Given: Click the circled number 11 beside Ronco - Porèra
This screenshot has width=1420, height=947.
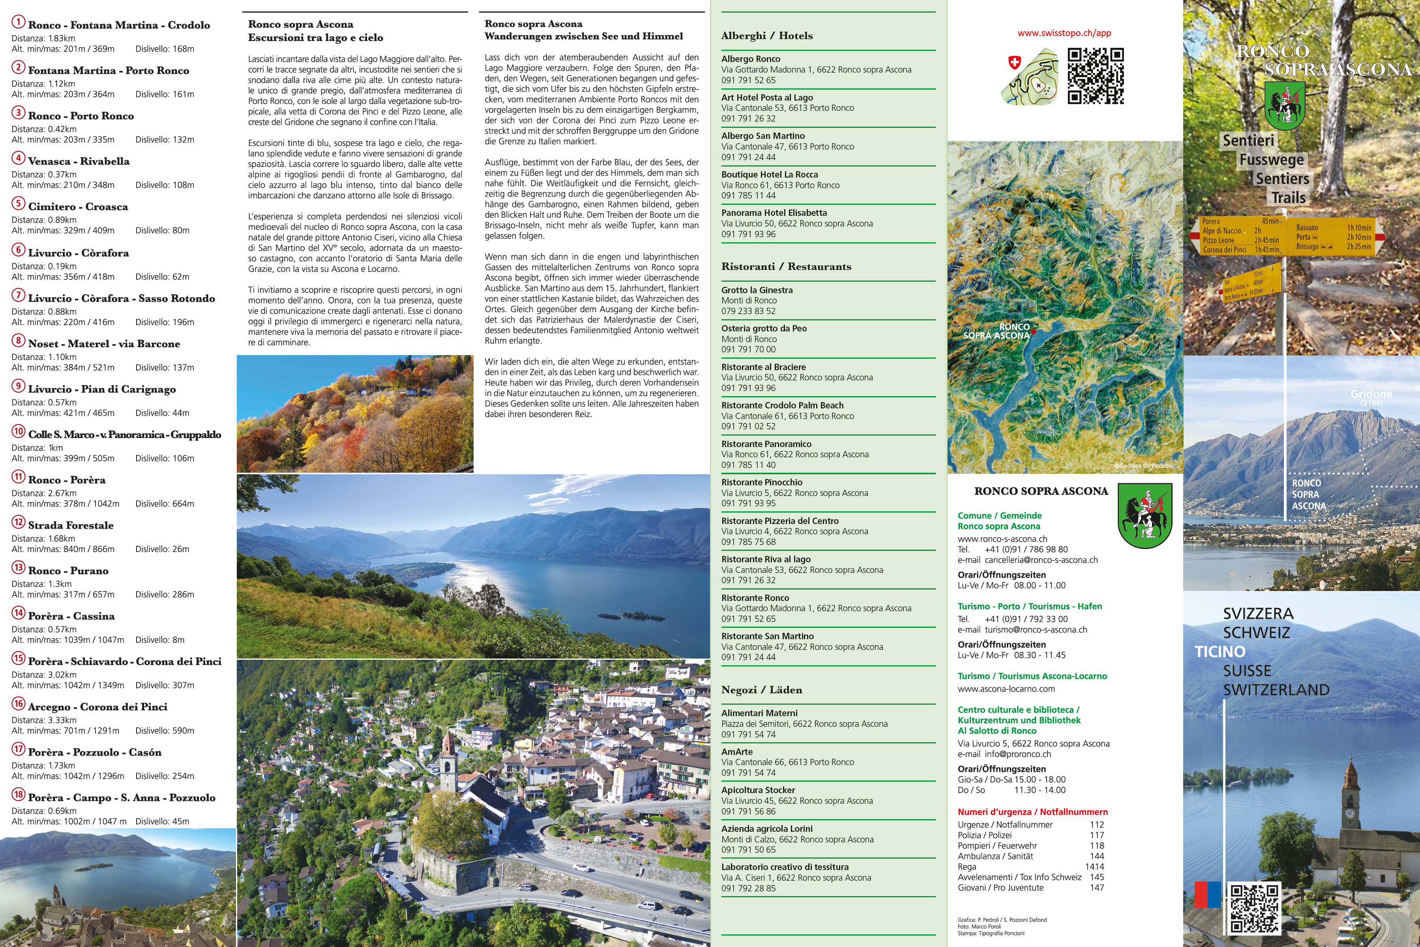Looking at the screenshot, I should pos(18,477).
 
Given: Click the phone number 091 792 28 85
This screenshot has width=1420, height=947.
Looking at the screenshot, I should pos(748,889).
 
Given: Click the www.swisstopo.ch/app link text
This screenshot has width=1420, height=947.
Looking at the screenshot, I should pos(1064,33).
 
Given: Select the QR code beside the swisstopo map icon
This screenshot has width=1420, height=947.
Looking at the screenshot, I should pos(1095,76).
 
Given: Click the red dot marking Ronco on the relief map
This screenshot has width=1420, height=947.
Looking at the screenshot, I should pos(1034,331).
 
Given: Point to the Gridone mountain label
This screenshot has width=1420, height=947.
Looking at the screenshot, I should pos(1371,394).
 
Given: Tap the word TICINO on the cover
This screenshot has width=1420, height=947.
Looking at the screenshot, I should pos(1220,652).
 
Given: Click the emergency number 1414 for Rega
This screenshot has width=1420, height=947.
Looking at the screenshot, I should pos(1094,867).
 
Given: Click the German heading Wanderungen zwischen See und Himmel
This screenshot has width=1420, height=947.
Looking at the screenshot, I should pos(583,36).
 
